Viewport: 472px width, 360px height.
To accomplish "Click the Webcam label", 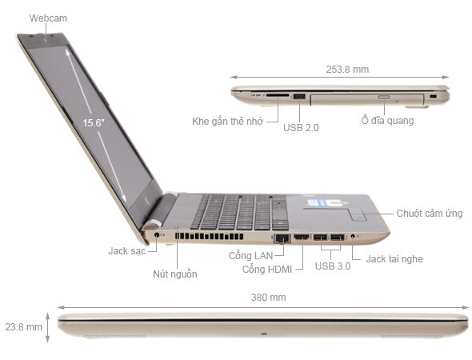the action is tap(48, 18).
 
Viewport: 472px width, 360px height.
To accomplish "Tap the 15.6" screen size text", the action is tap(94, 123).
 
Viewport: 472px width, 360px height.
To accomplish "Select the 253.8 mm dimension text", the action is tap(347, 70).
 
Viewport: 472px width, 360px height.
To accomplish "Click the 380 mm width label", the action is tap(269, 298).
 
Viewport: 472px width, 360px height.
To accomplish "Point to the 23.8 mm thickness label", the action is tap(23, 327).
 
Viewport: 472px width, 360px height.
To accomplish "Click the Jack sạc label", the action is tap(126, 251).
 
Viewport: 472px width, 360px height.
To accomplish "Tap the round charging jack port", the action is tap(157, 234).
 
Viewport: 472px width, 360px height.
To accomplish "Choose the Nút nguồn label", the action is tap(175, 274).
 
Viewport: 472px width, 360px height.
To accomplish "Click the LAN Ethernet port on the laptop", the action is tap(282, 238).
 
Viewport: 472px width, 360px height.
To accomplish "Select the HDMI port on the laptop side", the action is tap(302, 237).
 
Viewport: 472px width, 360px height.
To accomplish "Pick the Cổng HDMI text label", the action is tap(267, 269).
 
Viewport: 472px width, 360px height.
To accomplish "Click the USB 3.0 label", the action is tap(333, 266).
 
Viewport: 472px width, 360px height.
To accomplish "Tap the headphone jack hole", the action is tap(353, 236).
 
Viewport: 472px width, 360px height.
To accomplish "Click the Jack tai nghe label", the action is tap(394, 259).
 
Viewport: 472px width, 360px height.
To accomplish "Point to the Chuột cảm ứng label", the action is tap(430, 214).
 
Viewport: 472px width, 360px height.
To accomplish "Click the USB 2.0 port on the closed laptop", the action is tap(299, 97).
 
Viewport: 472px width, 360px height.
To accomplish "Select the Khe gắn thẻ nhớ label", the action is tap(227, 122).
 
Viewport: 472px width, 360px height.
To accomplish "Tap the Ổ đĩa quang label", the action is tap(387, 120).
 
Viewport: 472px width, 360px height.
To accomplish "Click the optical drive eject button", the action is tap(384, 98).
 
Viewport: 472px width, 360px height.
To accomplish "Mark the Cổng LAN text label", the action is tap(250, 255).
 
